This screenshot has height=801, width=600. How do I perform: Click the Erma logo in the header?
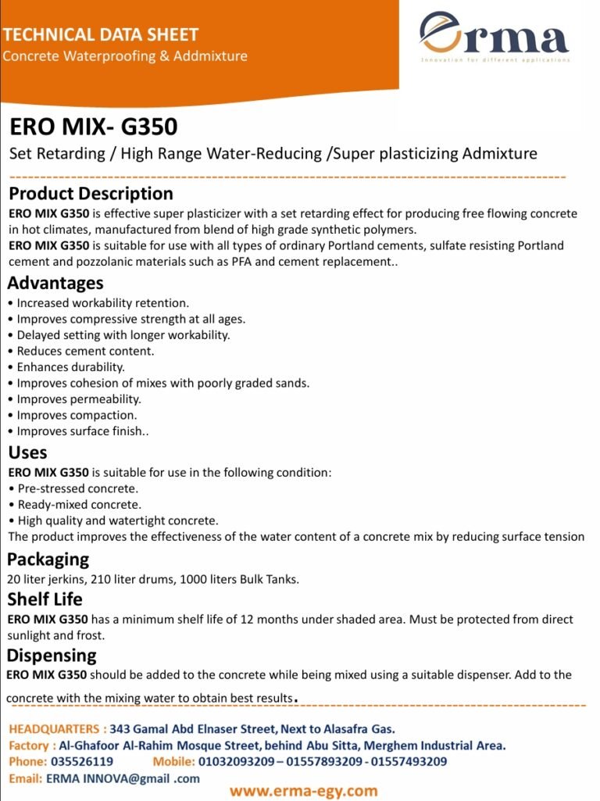[495, 39]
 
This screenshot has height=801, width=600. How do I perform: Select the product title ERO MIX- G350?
[93, 126]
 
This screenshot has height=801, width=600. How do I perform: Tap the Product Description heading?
[91, 194]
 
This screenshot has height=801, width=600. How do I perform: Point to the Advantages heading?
[55, 283]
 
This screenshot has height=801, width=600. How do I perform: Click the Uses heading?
[28, 452]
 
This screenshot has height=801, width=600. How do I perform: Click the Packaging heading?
[48, 560]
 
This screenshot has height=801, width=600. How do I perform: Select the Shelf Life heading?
[45, 600]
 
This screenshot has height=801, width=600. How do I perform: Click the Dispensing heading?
[52, 655]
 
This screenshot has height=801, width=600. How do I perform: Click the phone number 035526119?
[82, 761]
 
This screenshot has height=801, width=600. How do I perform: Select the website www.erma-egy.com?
[303, 791]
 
